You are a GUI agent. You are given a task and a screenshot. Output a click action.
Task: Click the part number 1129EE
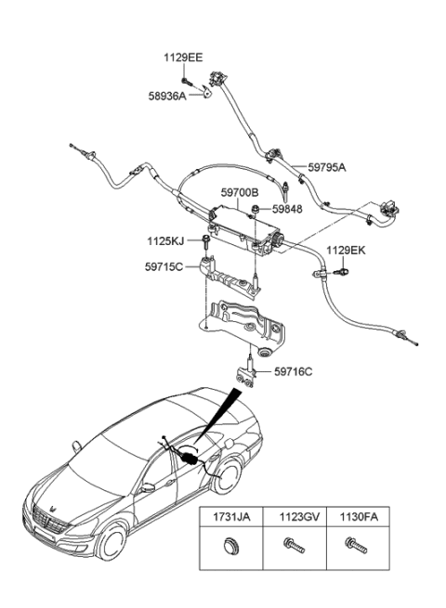[x=183, y=58]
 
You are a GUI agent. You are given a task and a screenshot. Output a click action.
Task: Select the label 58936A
[x=168, y=96]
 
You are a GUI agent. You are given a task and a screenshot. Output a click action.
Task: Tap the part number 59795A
[x=326, y=168]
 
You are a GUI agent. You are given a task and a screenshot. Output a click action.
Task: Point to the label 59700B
[x=239, y=193]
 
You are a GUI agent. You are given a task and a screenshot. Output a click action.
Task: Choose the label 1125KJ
[x=165, y=240]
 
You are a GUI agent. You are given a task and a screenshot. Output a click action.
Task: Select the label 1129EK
[x=346, y=251]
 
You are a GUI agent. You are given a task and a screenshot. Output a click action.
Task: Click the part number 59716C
[x=293, y=372]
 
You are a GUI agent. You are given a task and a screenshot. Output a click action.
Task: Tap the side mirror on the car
[x=147, y=486]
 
